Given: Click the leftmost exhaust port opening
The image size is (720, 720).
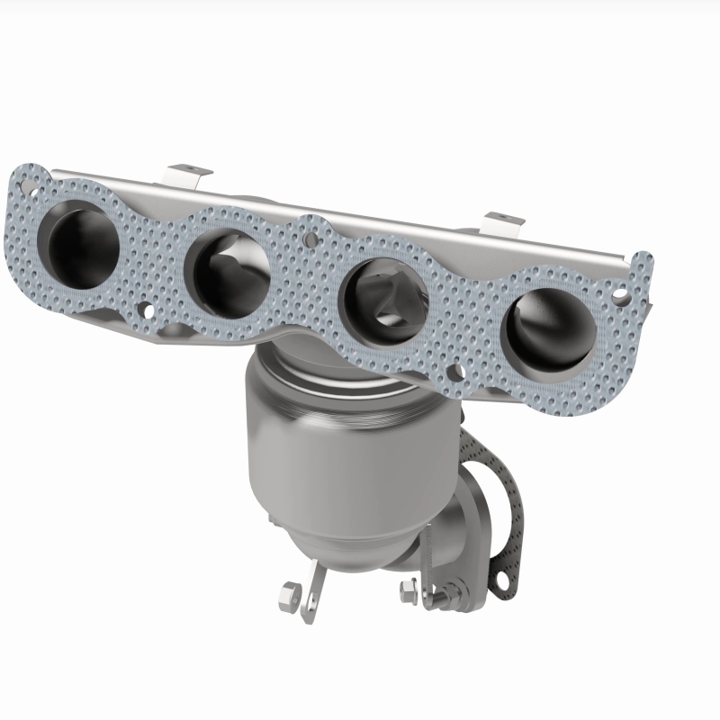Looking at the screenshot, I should (84, 236).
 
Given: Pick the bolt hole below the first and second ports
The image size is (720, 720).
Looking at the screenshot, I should (143, 311).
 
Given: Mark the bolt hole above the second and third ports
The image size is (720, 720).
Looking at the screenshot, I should (310, 239).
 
